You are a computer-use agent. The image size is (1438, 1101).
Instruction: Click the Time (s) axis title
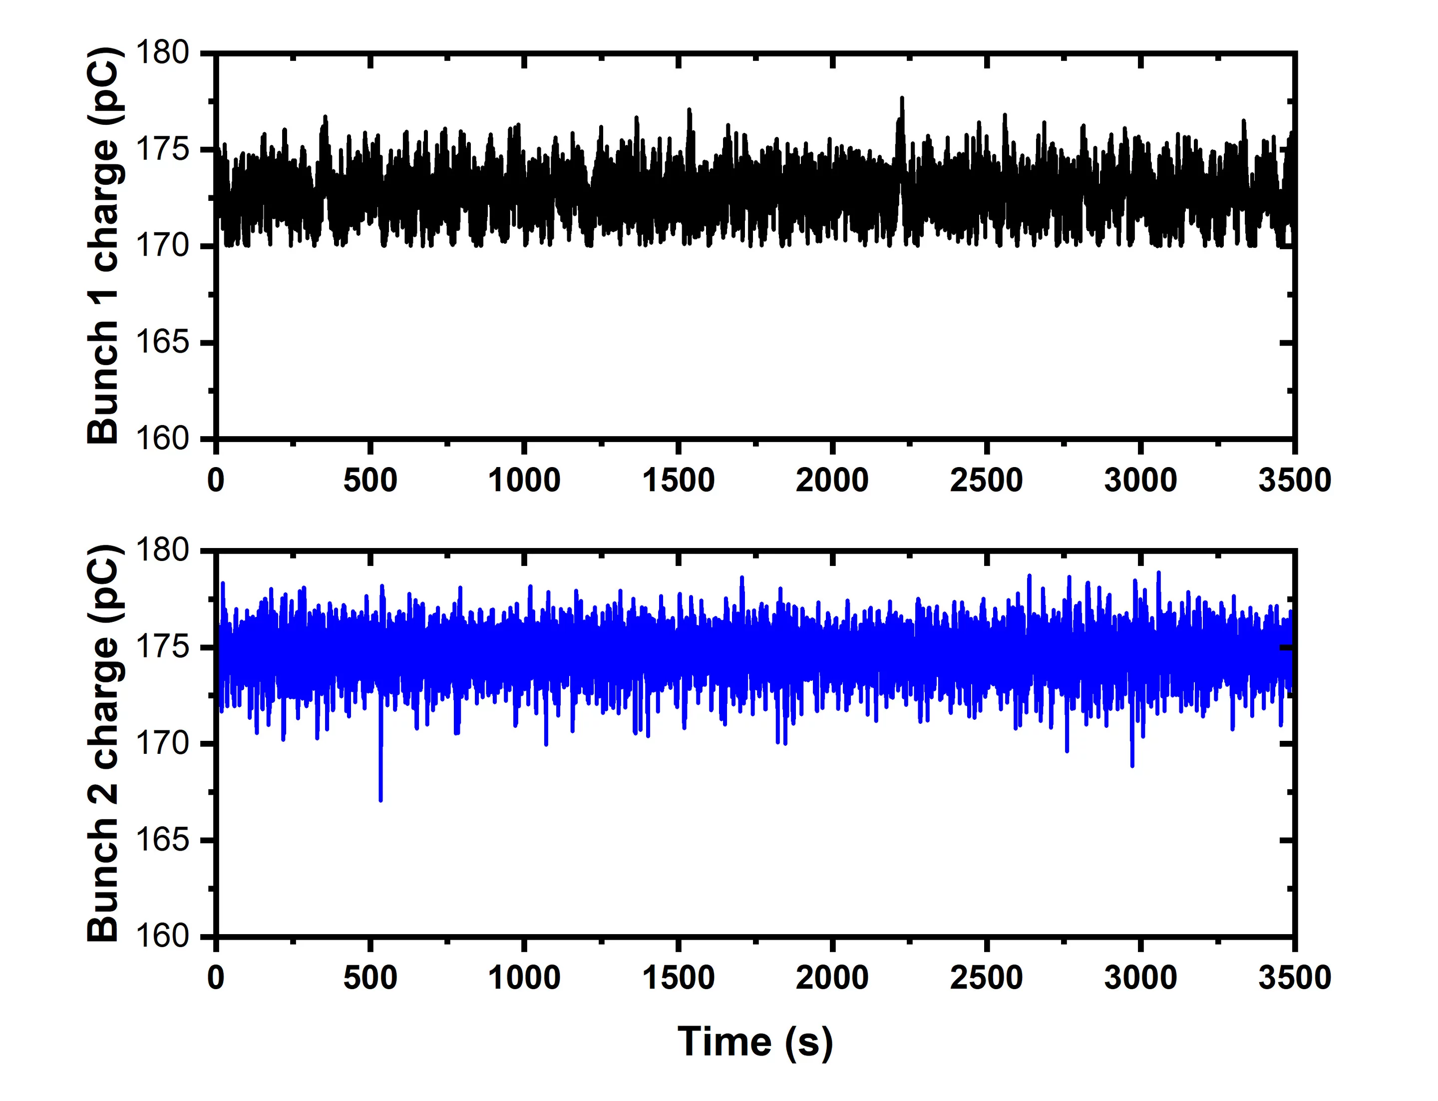(x=755, y=1042)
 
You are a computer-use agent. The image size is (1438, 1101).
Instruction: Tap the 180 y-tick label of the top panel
(x=162, y=52)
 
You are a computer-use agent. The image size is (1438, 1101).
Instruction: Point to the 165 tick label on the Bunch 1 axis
(x=162, y=342)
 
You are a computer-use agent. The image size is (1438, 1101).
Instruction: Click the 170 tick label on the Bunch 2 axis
(x=162, y=743)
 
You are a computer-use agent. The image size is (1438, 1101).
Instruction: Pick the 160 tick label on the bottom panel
(x=162, y=936)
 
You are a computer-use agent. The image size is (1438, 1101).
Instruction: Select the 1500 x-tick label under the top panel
(x=678, y=481)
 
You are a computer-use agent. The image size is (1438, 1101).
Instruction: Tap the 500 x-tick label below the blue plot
(x=370, y=978)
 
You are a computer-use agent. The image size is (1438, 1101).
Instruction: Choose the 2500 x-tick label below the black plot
(x=986, y=481)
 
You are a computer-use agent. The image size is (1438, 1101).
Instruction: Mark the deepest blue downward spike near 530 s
(x=380, y=798)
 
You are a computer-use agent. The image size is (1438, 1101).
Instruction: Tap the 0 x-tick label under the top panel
(x=216, y=481)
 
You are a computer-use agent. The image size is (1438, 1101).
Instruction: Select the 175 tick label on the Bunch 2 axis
(x=162, y=647)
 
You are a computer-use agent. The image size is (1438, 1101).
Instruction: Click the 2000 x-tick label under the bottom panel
(x=832, y=978)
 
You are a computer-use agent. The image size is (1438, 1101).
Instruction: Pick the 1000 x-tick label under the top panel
(x=524, y=481)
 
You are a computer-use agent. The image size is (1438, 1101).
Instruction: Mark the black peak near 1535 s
(x=689, y=110)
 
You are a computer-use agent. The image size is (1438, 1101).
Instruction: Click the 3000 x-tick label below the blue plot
(x=1140, y=978)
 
